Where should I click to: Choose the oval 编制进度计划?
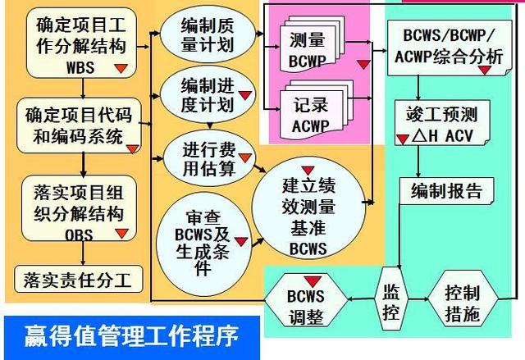point(207,93)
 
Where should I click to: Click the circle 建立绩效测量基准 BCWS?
point(308,209)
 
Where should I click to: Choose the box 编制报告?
point(446,192)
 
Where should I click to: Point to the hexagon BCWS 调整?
point(307,303)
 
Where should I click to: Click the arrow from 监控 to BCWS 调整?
point(360,301)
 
